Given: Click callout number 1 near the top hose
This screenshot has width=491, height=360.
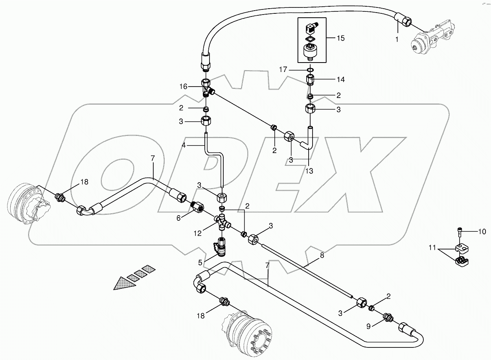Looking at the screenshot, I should coord(397,40).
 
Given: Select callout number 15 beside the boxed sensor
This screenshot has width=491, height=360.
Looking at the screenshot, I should coord(340,38).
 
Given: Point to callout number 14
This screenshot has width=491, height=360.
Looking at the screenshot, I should coord(340,79).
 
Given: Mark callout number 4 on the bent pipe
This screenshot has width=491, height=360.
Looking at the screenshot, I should coord(184,145).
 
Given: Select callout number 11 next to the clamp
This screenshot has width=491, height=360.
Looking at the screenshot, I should coord(432,248).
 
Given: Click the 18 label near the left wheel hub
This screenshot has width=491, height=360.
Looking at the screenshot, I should coord(85,182).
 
